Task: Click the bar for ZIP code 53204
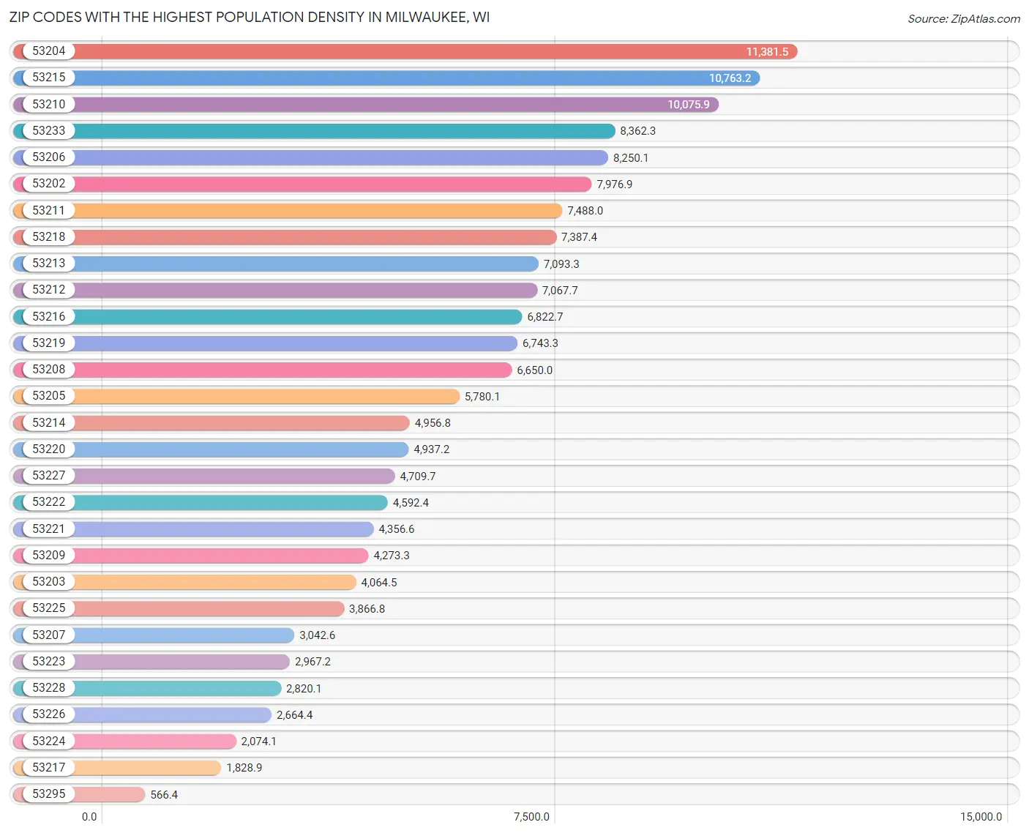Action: pos(410,51)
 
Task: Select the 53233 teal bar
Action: pos(344,131)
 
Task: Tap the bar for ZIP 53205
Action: pos(267,396)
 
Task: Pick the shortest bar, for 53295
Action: pos(110,794)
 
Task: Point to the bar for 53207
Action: pos(183,635)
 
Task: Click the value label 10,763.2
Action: pos(730,78)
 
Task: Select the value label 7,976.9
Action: pos(614,184)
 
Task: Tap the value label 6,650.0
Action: pos(534,370)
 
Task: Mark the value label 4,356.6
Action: pos(396,529)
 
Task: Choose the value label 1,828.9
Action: pos(244,768)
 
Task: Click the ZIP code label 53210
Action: pos(48,104)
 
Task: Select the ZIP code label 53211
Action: pos(48,210)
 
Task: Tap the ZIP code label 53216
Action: pos(48,316)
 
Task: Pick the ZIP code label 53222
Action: pos(48,502)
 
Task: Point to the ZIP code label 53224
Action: pos(48,741)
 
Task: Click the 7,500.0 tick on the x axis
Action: pos(531,817)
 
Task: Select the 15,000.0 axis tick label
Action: pos(981,817)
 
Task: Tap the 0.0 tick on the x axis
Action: pos(89,817)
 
